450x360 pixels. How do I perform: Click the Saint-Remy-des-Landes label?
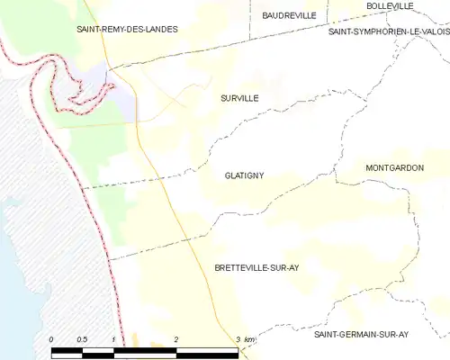click(127, 29)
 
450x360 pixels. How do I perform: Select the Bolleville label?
click(390, 6)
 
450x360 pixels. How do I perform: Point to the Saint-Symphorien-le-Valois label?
click(388, 31)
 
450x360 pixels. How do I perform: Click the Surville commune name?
click(238, 98)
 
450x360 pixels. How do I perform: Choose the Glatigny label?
click(244, 175)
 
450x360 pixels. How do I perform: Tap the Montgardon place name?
click(394, 168)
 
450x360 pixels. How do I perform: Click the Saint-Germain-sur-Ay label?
click(360, 334)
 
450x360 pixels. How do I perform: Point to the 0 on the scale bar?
click(51, 338)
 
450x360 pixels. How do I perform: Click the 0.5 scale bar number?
click(82, 338)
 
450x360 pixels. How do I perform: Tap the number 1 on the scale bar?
click(113, 338)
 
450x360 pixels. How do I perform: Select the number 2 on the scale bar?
click(176, 338)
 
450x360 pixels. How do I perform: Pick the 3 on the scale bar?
click(238, 338)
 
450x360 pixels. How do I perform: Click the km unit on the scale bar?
click(250, 338)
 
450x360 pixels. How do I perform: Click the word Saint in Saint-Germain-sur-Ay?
click(325, 334)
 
